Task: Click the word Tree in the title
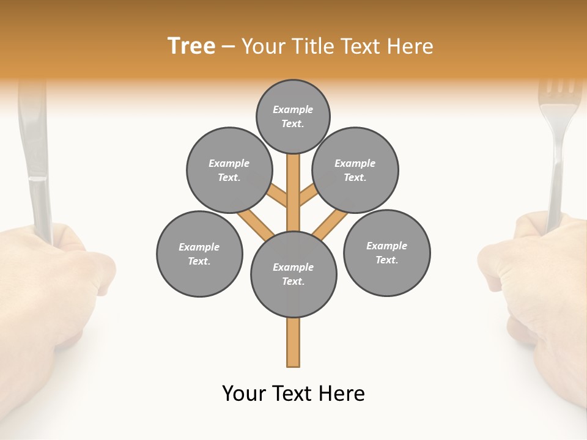click(191, 46)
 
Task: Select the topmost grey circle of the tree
click(293, 116)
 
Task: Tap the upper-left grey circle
click(229, 170)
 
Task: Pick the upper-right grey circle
click(355, 170)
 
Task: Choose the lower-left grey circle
click(199, 254)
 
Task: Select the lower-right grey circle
click(386, 252)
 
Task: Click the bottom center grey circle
click(293, 274)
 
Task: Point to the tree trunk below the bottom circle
click(293, 342)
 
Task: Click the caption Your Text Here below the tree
click(293, 394)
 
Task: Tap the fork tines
click(559, 92)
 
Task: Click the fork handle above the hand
click(556, 183)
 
